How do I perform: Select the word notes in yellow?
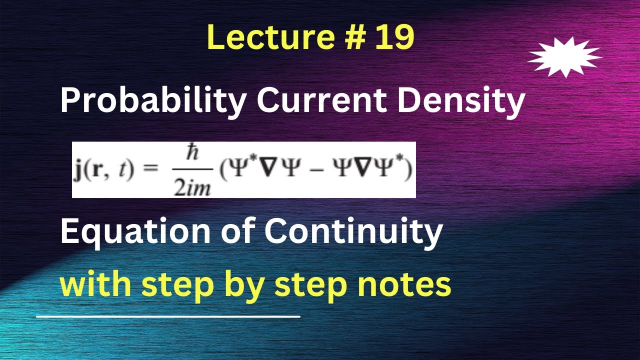point(408,285)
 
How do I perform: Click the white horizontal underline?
point(168,316)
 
